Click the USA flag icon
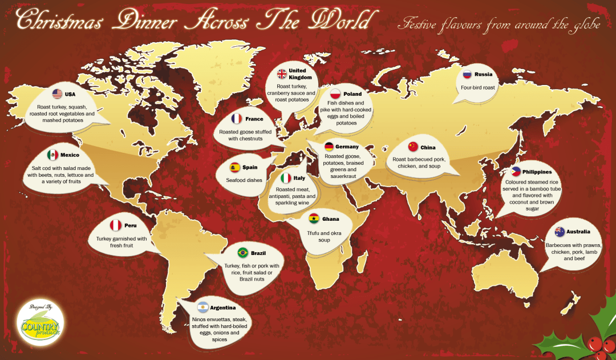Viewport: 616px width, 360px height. pos(57,94)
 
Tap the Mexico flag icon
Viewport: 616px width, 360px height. pos(52,155)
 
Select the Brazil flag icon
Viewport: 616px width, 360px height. pos(242,253)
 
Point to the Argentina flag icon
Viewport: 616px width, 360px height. pos(202,308)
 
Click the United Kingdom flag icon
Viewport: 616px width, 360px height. pos(282,74)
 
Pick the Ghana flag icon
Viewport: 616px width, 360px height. pos(313,219)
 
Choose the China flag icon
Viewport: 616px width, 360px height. pos(413,147)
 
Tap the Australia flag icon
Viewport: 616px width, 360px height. pos(559,232)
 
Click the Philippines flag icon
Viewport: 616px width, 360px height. pos(516,172)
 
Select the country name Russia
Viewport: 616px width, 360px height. pos(483,75)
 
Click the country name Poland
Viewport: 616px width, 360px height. pos(352,94)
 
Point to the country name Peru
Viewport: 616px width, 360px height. pos(130,225)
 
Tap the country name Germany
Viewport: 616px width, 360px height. pos(347,147)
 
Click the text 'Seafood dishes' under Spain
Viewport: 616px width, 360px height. pos(243,180)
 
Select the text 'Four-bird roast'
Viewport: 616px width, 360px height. pos(478,88)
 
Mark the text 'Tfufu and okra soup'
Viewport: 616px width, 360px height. pos(324,236)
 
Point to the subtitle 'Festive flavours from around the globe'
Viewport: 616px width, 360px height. pos(500,26)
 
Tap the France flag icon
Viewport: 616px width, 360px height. pos(237,119)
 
